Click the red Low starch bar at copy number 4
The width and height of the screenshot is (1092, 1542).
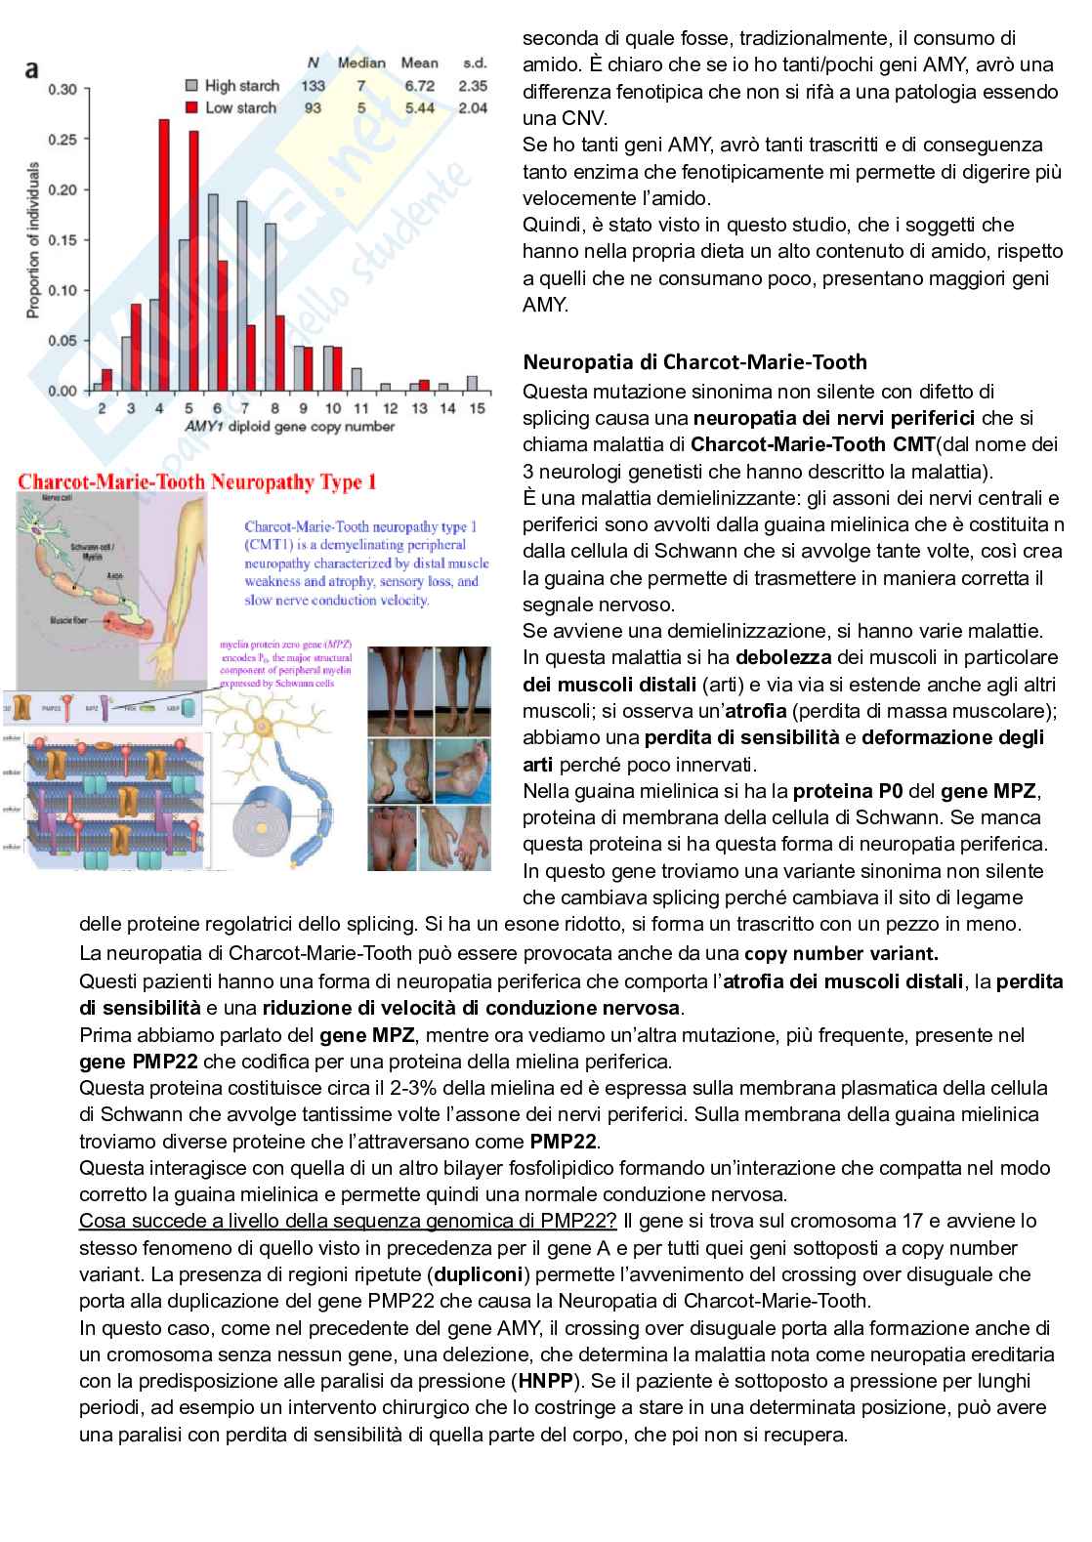[x=164, y=254]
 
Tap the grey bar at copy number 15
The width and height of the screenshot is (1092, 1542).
[x=473, y=384]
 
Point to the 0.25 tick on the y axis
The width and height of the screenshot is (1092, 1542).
[x=63, y=140]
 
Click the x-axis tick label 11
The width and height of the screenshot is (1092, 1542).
[x=360, y=408]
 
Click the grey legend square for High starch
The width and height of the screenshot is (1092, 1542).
[x=191, y=86]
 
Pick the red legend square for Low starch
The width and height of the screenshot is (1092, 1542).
[x=191, y=107]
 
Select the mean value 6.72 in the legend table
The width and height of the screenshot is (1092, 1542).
[x=420, y=86]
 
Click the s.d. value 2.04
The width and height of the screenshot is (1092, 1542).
[x=473, y=107]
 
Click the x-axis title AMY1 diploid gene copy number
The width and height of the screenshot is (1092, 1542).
[x=290, y=427]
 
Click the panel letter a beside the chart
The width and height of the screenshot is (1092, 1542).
[x=32, y=69]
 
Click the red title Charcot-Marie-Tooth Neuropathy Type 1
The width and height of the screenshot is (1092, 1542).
[x=197, y=481]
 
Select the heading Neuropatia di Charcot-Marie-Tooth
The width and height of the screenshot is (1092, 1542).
[x=694, y=362]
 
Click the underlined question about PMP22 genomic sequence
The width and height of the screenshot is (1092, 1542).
[x=348, y=1221]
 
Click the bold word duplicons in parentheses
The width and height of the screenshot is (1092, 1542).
[x=480, y=1274]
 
